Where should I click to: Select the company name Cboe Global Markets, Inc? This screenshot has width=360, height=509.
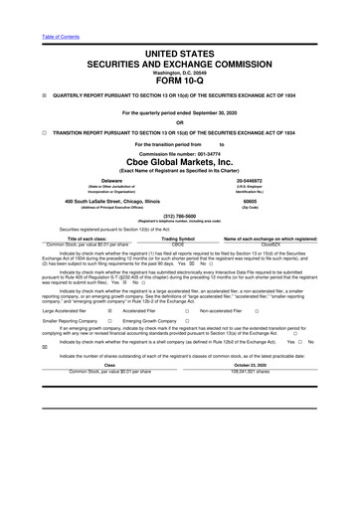pyautogui.click(x=180, y=163)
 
